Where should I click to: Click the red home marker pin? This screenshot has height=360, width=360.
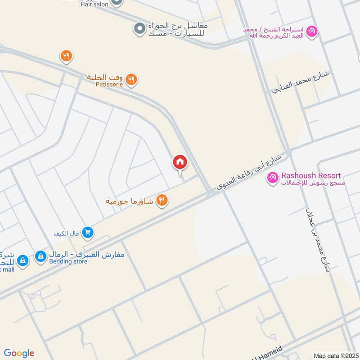(x=180, y=162)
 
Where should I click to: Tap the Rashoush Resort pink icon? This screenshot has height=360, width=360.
(x=272, y=177)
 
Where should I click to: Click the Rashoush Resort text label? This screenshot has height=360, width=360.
(x=311, y=175)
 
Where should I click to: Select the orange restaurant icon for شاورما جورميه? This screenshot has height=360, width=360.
(x=162, y=200)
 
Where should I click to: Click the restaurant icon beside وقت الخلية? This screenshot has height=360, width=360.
(x=131, y=79)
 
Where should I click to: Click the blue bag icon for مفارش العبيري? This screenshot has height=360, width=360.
(x=41, y=256)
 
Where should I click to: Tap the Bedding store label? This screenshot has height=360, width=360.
(x=68, y=261)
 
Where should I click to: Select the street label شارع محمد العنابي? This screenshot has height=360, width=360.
(x=300, y=81)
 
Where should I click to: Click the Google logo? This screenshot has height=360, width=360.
(x=18, y=353)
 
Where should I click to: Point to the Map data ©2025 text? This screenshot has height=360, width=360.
(x=335, y=355)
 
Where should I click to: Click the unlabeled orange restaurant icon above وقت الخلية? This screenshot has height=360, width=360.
(x=66, y=56)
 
